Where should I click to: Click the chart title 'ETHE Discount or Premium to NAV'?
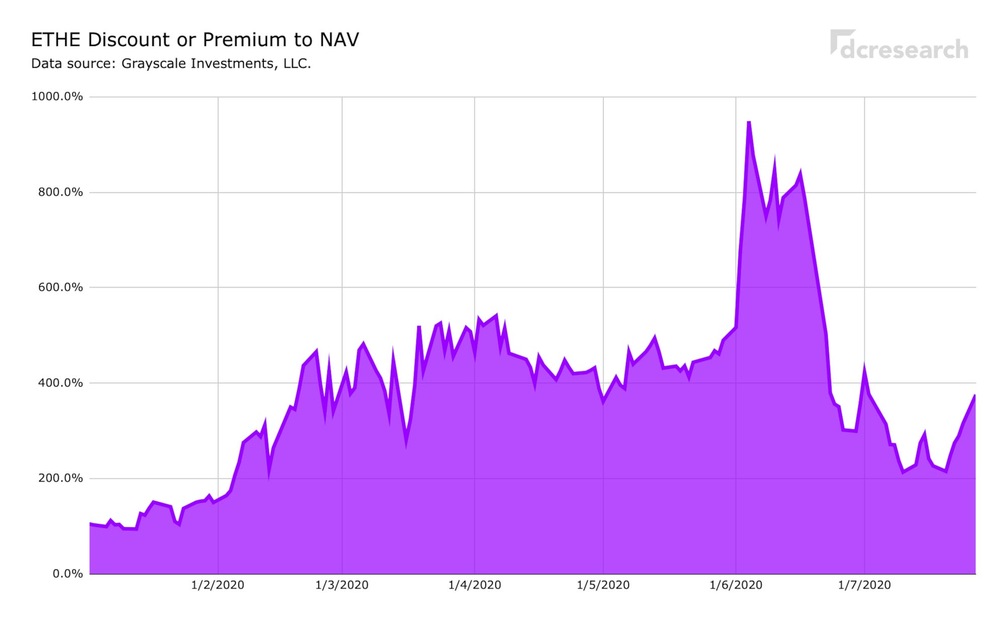[x=195, y=40]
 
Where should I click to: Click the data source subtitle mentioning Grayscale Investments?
[x=171, y=64]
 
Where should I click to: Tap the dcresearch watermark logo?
[x=899, y=45]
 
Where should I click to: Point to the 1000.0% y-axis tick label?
[x=57, y=97]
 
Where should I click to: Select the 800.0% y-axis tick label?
[x=60, y=192]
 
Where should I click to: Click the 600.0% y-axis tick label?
[x=60, y=288]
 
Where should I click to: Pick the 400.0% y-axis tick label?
[x=60, y=383]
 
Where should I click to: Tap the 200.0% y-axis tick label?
[x=60, y=478]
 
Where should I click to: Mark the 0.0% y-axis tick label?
[x=67, y=574]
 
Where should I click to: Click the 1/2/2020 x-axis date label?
[x=218, y=585]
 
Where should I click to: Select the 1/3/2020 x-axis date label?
[x=342, y=585]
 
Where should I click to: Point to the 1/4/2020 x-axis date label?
[x=474, y=585]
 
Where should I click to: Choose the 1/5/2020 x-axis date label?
[x=603, y=585]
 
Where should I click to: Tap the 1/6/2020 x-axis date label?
[x=736, y=585]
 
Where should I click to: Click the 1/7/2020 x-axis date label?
[x=865, y=585]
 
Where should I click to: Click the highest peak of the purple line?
[x=749, y=122]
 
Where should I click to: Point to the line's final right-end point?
[x=975, y=395]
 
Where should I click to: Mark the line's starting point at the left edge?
[x=90, y=524]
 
